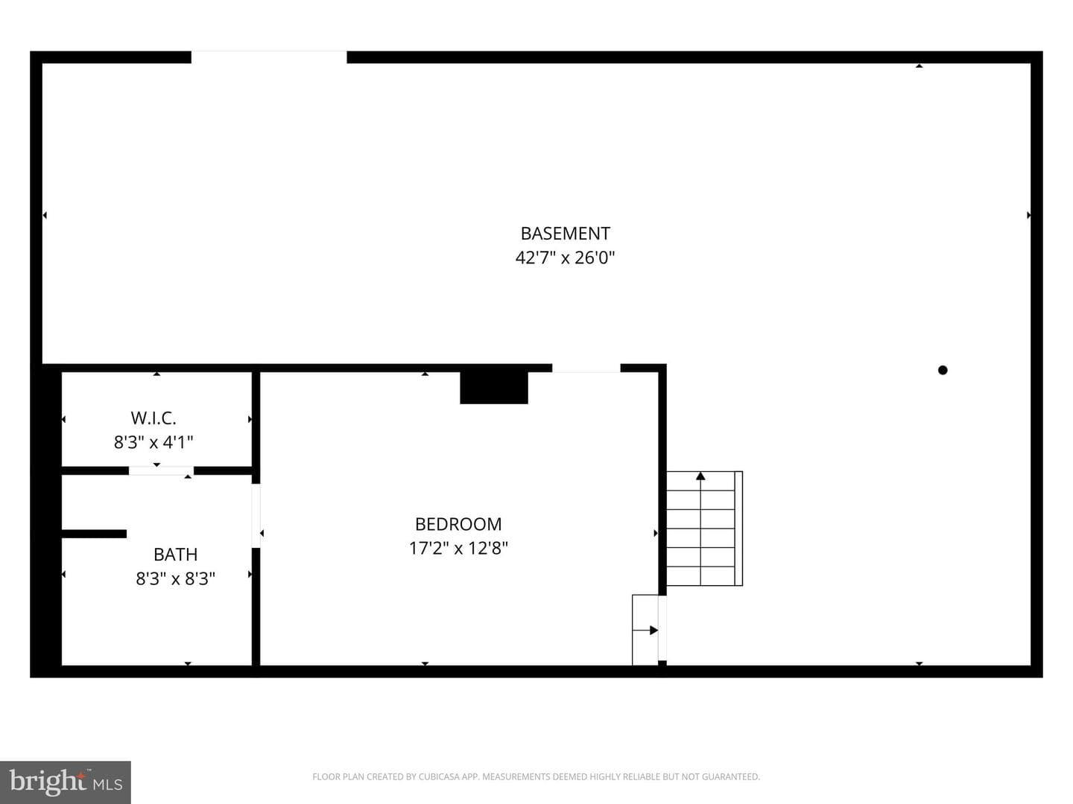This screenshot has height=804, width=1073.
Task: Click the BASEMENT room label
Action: [565, 233]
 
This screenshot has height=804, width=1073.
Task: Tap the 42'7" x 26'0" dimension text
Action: [565, 258]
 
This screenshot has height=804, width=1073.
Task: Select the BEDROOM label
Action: [458, 524]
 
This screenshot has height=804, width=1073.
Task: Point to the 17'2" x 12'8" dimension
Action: [458, 548]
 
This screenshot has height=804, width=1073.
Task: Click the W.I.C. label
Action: [153, 418]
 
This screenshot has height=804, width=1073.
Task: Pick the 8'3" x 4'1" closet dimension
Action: [153, 442]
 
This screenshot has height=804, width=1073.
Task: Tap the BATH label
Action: [176, 555]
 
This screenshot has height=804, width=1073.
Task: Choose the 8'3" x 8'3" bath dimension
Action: [176, 578]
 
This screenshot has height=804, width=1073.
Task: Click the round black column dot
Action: [943, 370]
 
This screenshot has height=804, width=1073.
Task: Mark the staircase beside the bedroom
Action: [704, 529]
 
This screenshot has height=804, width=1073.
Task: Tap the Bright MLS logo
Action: [66, 782]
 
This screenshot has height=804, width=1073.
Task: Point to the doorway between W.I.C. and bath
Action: [161, 470]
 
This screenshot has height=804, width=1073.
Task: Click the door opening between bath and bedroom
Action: [256, 515]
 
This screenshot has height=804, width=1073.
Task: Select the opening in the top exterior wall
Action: [269, 57]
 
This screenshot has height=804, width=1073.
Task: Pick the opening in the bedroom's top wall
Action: [586, 368]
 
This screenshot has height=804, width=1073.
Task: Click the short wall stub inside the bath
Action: [94, 534]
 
